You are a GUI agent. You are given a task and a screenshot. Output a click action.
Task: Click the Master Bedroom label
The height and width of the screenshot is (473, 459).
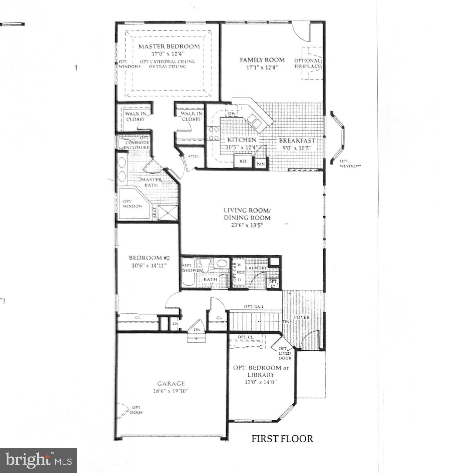click(x=169, y=47)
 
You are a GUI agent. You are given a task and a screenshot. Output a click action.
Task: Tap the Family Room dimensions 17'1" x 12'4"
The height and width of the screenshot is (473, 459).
click(x=262, y=67)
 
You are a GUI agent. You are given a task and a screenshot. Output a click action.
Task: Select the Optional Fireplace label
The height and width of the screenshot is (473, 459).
click(x=307, y=64)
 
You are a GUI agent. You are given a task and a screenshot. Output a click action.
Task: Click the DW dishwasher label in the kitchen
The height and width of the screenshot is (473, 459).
click(x=232, y=113)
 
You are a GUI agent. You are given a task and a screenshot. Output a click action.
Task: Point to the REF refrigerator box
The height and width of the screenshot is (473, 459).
click(x=243, y=161)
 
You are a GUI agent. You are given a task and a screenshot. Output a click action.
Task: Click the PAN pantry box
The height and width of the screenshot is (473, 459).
click(x=261, y=163)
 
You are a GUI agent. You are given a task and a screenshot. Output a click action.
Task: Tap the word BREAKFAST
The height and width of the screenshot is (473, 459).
click(x=297, y=141)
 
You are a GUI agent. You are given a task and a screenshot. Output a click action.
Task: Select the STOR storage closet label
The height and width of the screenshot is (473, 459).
click(x=193, y=156)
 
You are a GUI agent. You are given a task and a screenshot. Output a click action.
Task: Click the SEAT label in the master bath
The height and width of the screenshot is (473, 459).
click(x=154, y=213)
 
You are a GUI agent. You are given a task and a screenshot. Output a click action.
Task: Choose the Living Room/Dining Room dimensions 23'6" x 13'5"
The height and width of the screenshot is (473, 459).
click(x=247, y=225)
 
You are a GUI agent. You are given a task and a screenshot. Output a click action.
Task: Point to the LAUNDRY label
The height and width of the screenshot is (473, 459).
click(x=256, y=268)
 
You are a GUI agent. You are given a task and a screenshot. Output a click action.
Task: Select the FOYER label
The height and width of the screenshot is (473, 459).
click(x=302, y=317)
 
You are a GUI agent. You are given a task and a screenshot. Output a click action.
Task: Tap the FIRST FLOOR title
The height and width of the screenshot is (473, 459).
click(x=282, y=439)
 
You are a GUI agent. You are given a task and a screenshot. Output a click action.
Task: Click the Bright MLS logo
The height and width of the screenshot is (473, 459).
click(x=38, y=460)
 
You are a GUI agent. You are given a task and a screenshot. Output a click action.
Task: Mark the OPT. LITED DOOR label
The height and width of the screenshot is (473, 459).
click(x=285, y=353)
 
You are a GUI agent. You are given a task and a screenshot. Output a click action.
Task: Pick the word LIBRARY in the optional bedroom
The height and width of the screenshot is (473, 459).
click(x=261, y=375)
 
